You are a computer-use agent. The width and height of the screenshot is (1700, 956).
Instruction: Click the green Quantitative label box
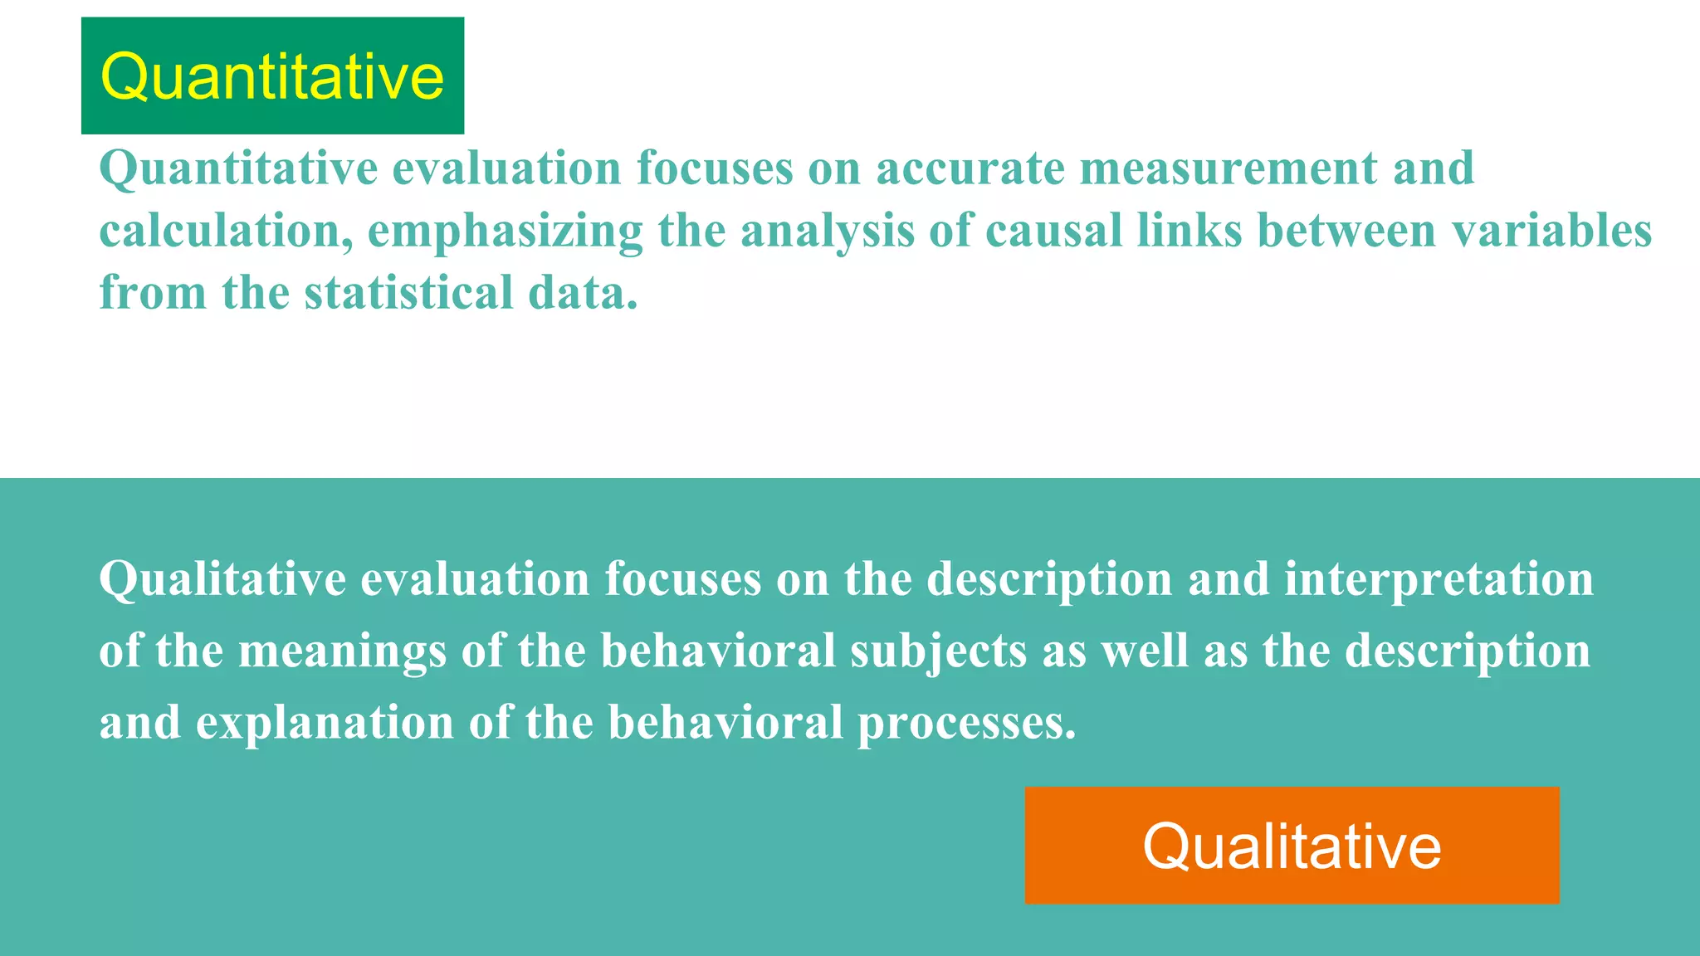(272, 76)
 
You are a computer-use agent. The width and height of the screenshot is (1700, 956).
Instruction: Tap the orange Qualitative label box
(1292, 845)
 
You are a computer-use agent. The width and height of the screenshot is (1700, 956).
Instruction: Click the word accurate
(970, 168)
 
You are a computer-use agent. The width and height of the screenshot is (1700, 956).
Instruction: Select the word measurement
(1228, 168)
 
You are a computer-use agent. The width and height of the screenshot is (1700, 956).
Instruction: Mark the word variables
(1551, 231)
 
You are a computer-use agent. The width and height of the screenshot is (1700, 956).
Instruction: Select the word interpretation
(1439, 579)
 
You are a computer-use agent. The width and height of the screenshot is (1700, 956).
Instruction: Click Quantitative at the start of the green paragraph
(238, 169)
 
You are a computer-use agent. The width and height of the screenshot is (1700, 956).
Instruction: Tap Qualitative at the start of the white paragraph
(222, 579)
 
